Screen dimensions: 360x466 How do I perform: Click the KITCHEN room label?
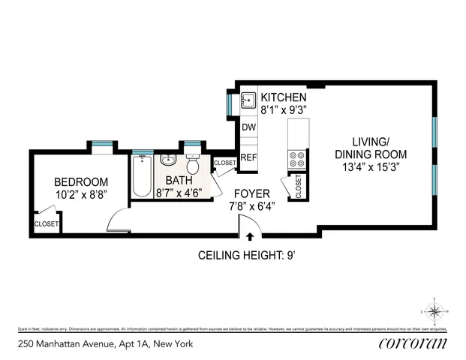click(284, 97)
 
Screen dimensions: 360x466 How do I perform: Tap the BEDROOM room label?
click(81, 181)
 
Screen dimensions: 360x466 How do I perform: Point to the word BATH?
click(179, 181)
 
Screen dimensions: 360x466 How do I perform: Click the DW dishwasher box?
click(249, 127)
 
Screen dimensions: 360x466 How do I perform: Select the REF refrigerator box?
click(249, 157)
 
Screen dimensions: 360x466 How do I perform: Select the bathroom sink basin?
click(168, 160)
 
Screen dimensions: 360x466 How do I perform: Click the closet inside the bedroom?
click(46, 223)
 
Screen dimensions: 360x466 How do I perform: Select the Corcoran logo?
click(410, 343)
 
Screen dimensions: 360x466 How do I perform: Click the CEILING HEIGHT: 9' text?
click(248, 255)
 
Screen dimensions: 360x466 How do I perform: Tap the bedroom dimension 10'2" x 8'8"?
click(81, 194)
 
